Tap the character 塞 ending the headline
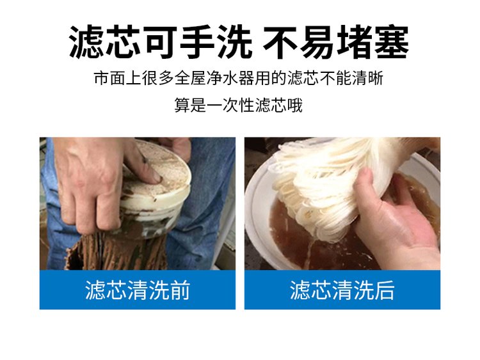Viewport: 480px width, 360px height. pyautogui.click(x=392, y=42)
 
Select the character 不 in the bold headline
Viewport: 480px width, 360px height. pyautogui.click(x=280, y=42)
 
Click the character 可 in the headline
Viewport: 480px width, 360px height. pyautogui.click(x=161, y=42)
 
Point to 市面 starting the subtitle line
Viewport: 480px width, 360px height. pyautogui.click(x=110, y=78)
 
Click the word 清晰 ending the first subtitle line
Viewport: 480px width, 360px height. pyautogui.click(x=367, y=78)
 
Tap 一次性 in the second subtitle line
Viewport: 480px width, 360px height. pyautogui.click(x=230, y=106)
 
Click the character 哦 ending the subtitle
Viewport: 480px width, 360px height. pyautogui.click(x=294, y=106)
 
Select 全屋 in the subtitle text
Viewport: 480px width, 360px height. pyautogui.click(x=191, y=78)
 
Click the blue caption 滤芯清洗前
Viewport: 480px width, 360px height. pyautogui.click(x=138, y=290)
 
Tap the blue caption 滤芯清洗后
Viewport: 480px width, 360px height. pyautogui.click(x=342, y=290)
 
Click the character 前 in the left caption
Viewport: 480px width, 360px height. pyautogui.click(x=180, y=290)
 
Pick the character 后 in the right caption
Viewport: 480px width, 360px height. pyautogui.click(x=385, y=290)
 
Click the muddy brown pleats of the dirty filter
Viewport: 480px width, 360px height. pyautogui.click(x=116, y=251)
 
